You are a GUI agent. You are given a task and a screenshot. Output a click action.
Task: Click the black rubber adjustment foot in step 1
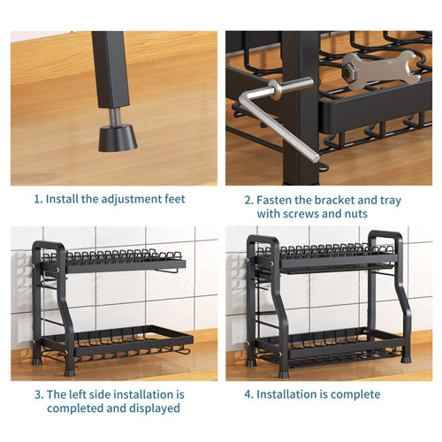click(118, 138)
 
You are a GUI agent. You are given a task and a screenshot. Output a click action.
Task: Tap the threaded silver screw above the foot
click(116, 117)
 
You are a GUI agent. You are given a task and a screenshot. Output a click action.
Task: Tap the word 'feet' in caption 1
click(175, 199)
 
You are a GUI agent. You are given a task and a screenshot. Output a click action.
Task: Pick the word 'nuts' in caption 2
click(356, 214)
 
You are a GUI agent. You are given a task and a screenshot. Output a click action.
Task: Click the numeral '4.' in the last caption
click(249, 394)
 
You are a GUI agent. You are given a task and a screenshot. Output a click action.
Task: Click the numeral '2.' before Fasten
click(249, 201)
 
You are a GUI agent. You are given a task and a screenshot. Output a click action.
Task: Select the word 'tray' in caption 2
click(391, 201)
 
